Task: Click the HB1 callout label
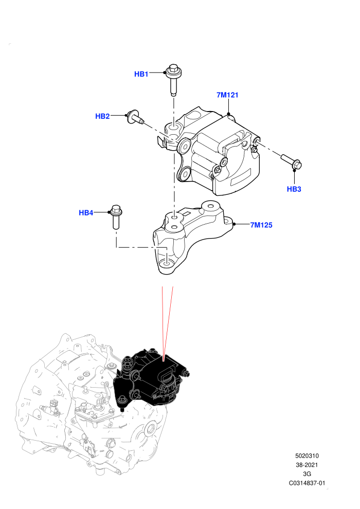pos(141,74)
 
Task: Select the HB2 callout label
pos(102,116)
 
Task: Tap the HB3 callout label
pos(294,189)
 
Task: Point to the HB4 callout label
pos(86,213)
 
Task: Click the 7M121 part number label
pos(227,95)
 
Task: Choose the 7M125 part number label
pos(261,225)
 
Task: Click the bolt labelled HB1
pos(173,80)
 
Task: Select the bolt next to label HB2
pos(135,118)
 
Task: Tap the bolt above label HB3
pos(292,162)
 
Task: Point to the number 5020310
pos(307,456)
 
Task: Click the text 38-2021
pos(307,465)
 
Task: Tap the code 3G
pos(307,474)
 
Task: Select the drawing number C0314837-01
pos(307,483)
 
